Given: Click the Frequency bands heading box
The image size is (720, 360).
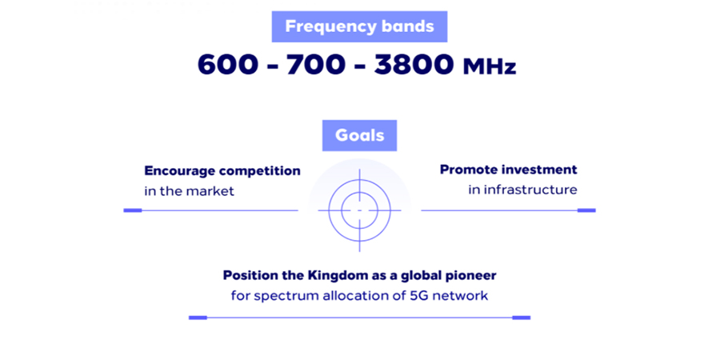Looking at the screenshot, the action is coord(359,26).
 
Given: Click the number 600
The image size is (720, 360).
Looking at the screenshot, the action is coord(228,65).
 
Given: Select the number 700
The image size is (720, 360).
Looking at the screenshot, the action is coord(315,65).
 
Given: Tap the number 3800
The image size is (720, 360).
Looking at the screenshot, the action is coord(414,65).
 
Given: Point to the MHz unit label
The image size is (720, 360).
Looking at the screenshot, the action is coord(490,67).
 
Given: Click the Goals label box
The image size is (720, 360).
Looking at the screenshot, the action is coord(359,135).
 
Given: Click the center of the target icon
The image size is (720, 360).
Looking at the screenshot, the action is coord(359,210).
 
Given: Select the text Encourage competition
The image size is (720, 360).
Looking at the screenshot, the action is coord(222,171).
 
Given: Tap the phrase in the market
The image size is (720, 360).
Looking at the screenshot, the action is coord(189,191).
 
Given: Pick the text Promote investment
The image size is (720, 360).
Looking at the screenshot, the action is coord(508,170).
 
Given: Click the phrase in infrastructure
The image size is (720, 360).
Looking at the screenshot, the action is coord(522,190).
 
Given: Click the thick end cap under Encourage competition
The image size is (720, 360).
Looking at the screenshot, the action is coord(133,210).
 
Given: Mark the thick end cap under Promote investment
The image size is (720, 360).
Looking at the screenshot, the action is coord(586,210).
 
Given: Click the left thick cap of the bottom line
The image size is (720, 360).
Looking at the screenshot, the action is coord(198,318).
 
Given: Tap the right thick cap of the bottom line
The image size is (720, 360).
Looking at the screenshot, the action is coord(521,318).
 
